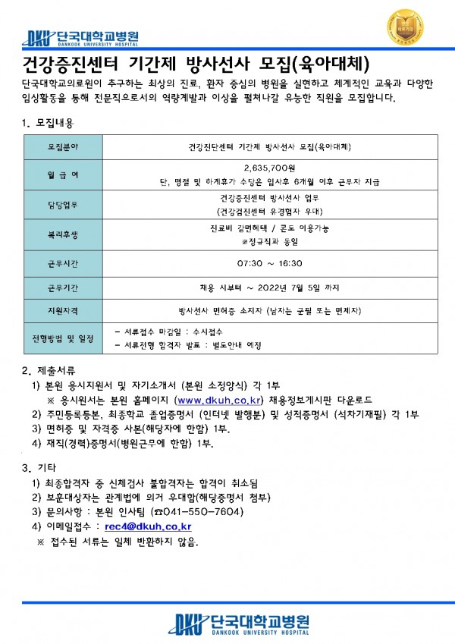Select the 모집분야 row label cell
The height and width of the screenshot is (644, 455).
pyautogui.click(x=62, y=146)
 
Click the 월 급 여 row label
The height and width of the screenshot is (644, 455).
pyautogui.click(x=62, y=175)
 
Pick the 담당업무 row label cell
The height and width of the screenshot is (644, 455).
pyautogui.click(x=62, y=205)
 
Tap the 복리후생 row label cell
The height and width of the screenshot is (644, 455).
pyautogui.click(x=62, y=234)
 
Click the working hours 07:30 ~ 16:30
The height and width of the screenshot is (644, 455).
pyautogui.click(x=270, y=263)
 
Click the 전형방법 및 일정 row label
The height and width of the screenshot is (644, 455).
pyautogui.click(x=62, y=338)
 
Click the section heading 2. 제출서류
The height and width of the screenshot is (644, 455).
pyautogui.click(x=49, y=370)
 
